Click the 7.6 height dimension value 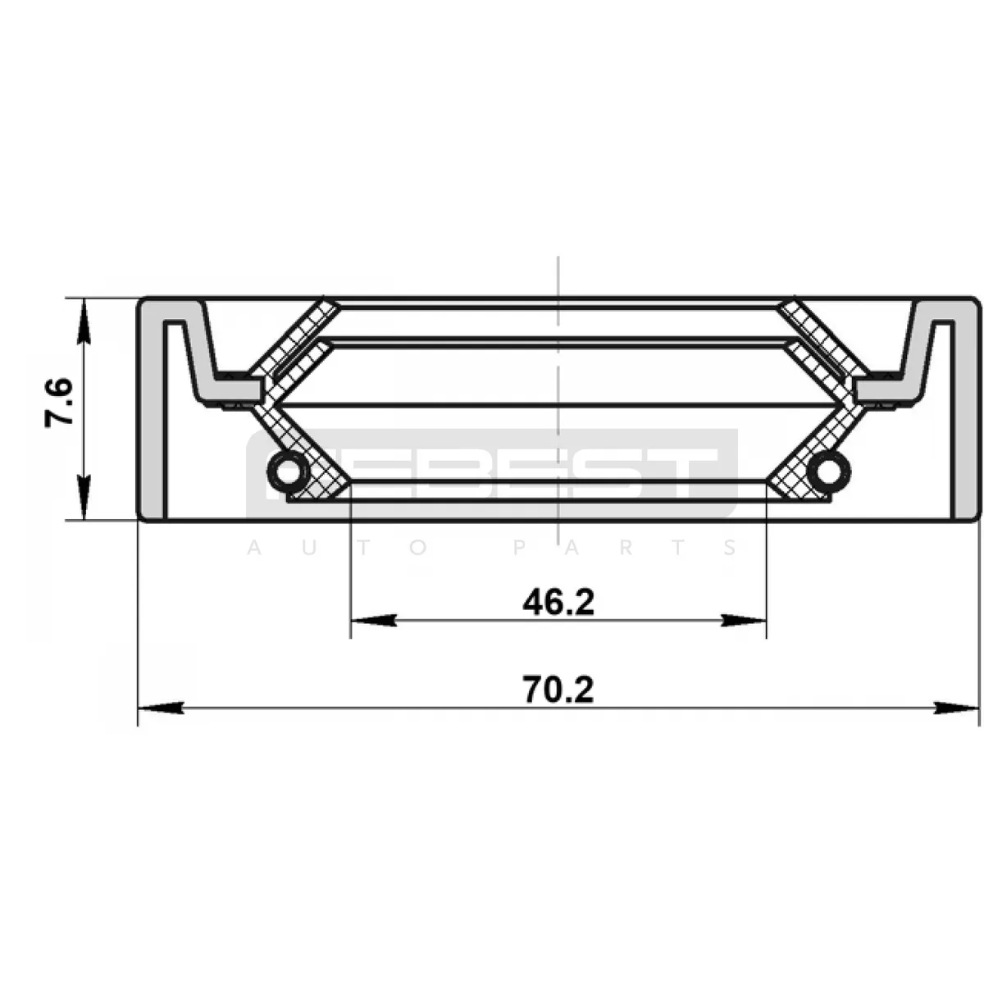pos(59,403)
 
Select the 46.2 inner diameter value pos(558,603)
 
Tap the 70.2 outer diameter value pos(558,690)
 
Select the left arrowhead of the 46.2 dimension pos(373,621)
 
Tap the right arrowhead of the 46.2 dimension pos(744,621)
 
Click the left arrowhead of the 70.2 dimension pos(162,708)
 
